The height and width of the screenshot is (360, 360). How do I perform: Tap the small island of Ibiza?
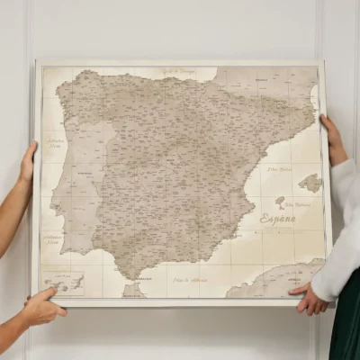(x=280, y=201)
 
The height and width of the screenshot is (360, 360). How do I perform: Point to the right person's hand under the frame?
(x=309, y=300)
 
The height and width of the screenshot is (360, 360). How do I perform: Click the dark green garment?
(x=346, y=324)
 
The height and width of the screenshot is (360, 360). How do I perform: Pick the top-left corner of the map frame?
(x=37, y=63)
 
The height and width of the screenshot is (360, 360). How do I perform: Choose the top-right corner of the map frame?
(x=322, y=62)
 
